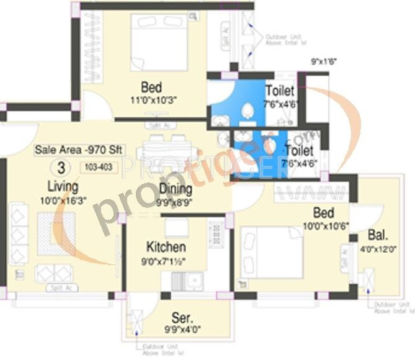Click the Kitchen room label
166,245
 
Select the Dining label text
175,189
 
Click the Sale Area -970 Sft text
71,150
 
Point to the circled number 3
61,167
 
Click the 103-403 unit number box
94,168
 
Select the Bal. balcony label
378,236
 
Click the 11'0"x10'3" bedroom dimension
151,99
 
